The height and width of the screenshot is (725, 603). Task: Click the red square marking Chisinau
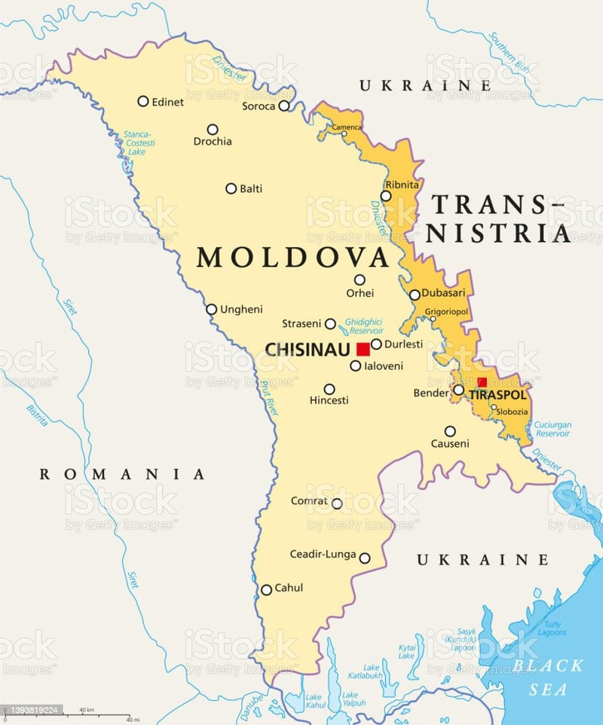pos(363,349)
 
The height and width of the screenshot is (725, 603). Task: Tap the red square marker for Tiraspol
pos(482,382)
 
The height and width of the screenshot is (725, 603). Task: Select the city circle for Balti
pos(231,188)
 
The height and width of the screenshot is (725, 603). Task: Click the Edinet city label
pos(167,102)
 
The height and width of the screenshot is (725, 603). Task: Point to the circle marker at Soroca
pos(284,106)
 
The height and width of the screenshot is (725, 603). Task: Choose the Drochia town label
pos(213,142)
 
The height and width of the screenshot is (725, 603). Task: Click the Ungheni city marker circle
pos(212,309)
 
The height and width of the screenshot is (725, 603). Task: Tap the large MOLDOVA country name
pos(292,258)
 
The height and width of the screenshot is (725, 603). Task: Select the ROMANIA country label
pos(122,474)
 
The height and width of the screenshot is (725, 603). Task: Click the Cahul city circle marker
pos(266,590)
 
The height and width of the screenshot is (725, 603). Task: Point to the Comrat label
pos(309,501)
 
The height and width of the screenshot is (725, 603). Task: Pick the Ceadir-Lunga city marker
pos(365,558)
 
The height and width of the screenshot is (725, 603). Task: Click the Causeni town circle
pos(450,432)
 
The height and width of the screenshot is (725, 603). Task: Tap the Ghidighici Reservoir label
pos(364,326)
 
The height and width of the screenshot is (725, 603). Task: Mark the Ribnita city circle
pos(386,196)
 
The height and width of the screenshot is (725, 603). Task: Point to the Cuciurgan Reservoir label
pos(552,430)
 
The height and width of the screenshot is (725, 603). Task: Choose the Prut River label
pos(268,399)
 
